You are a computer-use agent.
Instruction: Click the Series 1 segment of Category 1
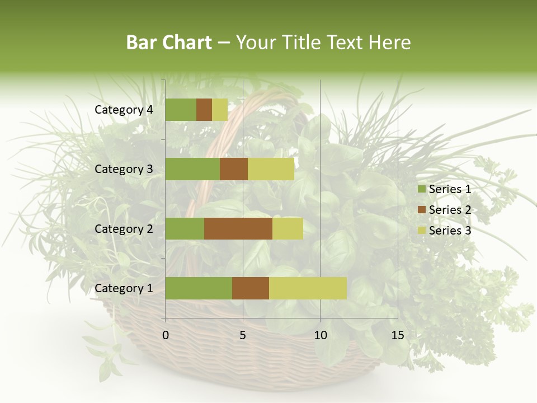point(199,288)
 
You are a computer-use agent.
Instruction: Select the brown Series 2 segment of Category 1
point(251,288)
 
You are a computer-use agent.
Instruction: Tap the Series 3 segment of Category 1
point(308,288)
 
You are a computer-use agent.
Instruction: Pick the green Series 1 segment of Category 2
point(185,228)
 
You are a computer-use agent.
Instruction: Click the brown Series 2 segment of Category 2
point(238,228)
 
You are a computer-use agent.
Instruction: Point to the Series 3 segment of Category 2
point(288,228)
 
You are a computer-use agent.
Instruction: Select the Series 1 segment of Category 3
point(192,169)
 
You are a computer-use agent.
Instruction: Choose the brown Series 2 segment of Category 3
point(234,169)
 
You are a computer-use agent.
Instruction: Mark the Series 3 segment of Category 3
point(271,169)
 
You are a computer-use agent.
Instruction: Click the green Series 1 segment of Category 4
point(181,110)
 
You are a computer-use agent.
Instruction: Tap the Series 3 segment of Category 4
point(220,110)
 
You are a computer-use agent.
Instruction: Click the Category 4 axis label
point(124,110)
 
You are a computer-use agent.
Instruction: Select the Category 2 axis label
point(124,228)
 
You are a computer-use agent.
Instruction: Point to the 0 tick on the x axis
point(166,335)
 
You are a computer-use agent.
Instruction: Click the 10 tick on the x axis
point(320,335)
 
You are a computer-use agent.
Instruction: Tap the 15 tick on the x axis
point(397,335)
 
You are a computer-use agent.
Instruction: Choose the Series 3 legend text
point(450,230)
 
